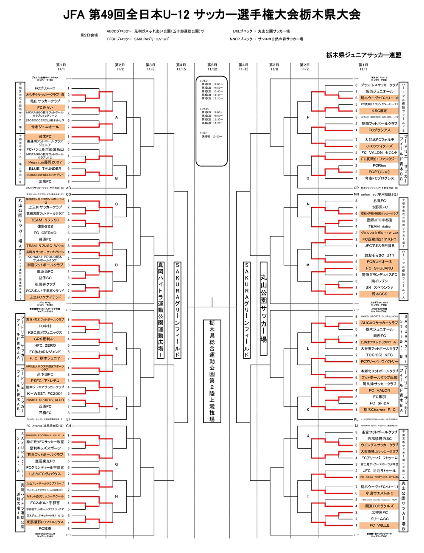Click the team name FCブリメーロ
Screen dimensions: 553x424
click(45, 88)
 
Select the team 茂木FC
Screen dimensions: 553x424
click(45, 137)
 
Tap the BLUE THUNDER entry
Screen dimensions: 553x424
click(45, 168)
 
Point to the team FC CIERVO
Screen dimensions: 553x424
click(45, 233)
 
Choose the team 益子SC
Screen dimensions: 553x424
click(45, 278)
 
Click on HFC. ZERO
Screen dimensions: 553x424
click(45, 345)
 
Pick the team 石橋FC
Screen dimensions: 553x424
click(45, 413)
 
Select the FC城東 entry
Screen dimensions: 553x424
click(45, 528)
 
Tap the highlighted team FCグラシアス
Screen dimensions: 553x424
click(379, 130)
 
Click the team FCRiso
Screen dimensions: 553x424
click(379, 166)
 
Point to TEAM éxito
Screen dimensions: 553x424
click(379, 227)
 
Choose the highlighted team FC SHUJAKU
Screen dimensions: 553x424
click(379, 268)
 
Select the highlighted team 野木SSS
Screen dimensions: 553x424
click(379, 294)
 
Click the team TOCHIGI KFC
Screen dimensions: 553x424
click(379, 355)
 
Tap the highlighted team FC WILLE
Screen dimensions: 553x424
click(379, 525)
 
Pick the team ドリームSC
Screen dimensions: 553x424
click(379, 519)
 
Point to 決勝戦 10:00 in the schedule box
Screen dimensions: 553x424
click(212, 137)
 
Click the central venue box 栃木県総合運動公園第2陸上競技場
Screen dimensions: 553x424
click(212, 371)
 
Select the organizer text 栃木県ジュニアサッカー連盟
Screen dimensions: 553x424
click(363, 55)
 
